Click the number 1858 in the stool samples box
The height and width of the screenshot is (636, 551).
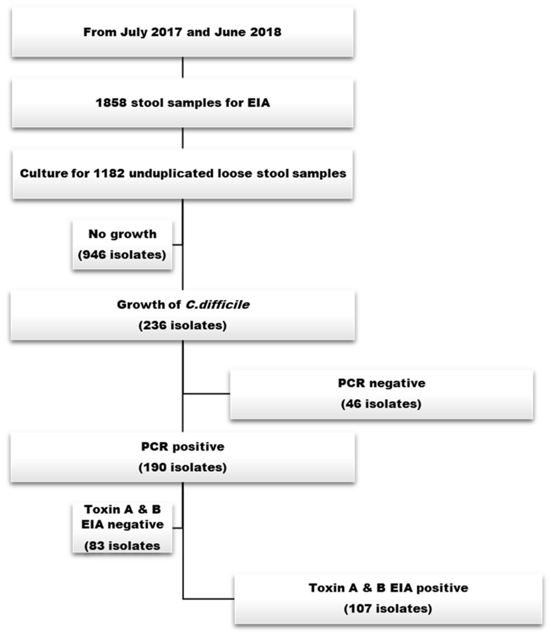click(111, 103)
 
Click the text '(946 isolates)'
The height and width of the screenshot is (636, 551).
click(122, 255)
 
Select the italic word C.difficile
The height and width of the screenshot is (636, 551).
click(217, 305)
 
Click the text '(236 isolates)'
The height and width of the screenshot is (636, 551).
click(183, 325)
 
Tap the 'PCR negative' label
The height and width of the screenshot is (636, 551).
click(382, 383)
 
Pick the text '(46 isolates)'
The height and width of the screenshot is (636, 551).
click(381, 404)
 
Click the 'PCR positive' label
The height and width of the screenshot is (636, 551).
click(183, 447)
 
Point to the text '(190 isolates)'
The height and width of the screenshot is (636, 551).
click(183, 467)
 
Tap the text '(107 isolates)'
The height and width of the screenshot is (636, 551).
click(388, 608)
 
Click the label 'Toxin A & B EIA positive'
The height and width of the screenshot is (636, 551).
click(388, 588)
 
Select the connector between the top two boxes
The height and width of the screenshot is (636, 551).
click(183, 67)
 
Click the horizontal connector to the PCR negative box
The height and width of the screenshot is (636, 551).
click(206, 394)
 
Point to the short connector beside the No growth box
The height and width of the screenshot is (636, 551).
click(177, 245)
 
